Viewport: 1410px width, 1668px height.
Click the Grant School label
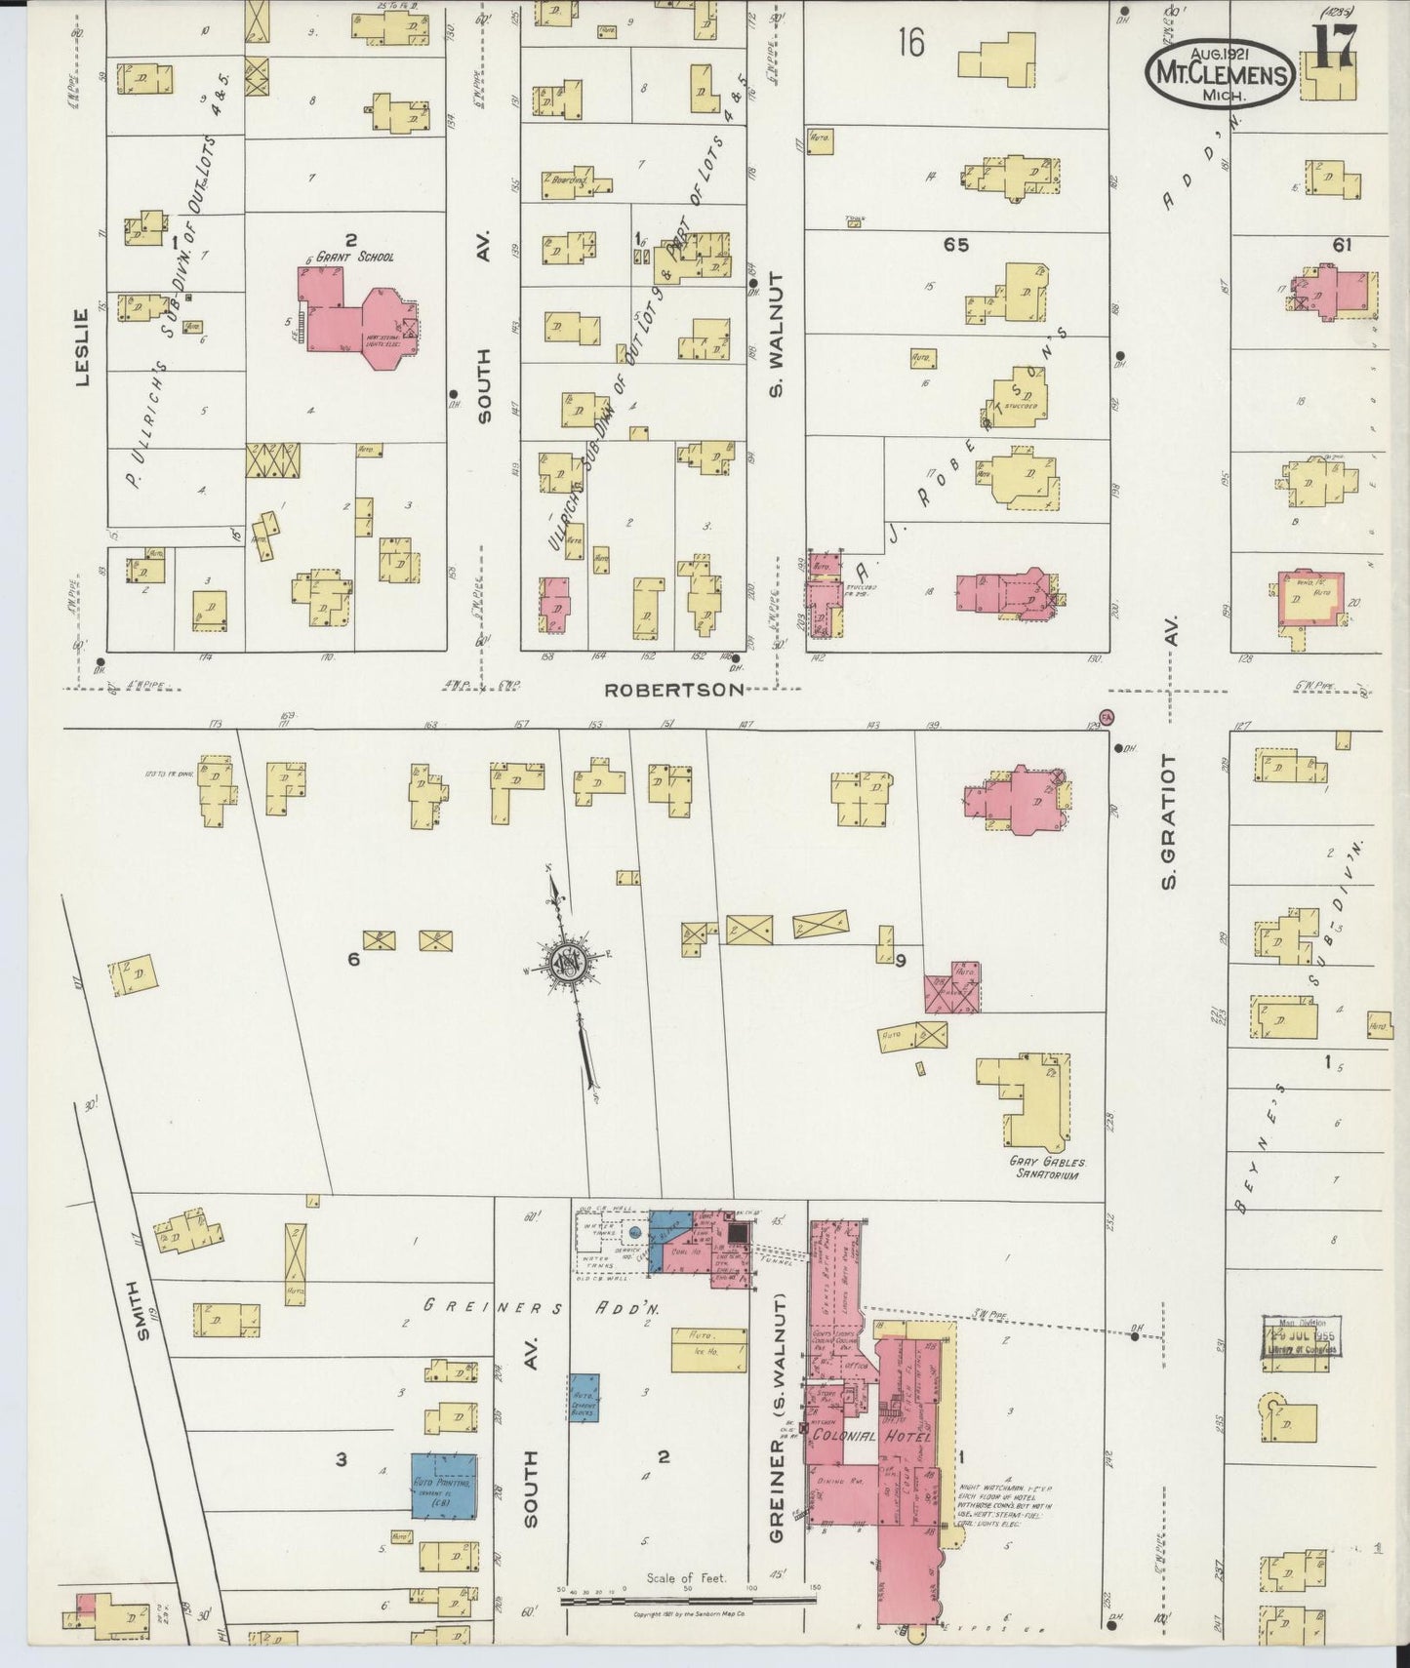pyautogui.click(x=362, y=258)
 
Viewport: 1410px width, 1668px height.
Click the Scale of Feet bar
pyautogui.click(x=688, y=1599)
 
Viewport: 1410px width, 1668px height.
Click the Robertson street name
pyautogui.click(x=673, y=690)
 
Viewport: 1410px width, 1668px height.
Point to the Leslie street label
pyautogui.click(x=82, y=346)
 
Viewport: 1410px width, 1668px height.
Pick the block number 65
pyautogui.click(x=955, y=245)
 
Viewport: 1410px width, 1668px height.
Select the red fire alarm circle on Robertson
pyautogui.click(x=1107, y=717)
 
